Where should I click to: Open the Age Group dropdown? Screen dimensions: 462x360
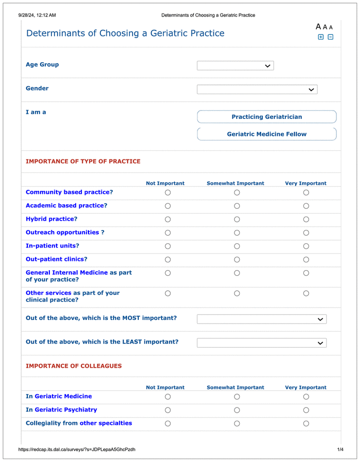click(x=235, y=66)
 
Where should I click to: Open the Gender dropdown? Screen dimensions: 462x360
click(x=257, y=90)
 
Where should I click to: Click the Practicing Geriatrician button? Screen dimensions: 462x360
click(x=266, y=117)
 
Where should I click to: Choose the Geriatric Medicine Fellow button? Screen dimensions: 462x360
click(x=266, y=134)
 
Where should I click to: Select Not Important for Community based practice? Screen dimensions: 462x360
click(x=168, y=192)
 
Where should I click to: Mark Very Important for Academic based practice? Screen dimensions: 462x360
click(x=306, y=206)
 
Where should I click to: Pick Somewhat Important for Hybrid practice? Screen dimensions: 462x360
click(x=237, y=219)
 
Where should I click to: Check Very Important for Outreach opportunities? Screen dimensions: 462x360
click(x=306, y=233)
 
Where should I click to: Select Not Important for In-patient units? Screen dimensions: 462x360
click(x=168, y=246)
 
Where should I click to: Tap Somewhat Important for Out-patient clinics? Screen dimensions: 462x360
click(x=237, y=259)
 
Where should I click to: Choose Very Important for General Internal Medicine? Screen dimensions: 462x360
click(x=306, y=273)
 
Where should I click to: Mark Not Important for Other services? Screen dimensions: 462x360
click(x=168, y=293)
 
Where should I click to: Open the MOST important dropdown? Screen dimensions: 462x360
click(x=261, y=319)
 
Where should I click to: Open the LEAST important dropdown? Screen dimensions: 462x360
click(x=261, y=343)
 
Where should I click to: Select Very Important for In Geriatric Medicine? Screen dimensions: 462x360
click(x=306, y=397)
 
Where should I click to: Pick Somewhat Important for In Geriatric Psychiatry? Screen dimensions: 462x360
click(x=237, y=410)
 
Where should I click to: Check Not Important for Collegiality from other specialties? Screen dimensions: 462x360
click(x=168, y=423)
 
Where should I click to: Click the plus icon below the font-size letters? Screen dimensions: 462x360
click(x=321, y=37)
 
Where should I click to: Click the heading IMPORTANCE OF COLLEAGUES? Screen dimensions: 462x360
click(x=74, y=366)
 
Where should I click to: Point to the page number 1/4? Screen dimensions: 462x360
click(x=340, y=450)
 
